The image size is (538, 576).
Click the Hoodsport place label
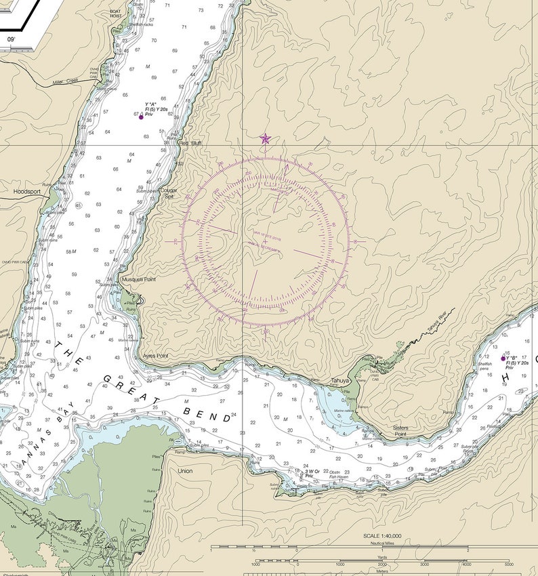pyautogui.click(x=27, y=192)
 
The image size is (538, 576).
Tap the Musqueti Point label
pyautogui.click(x=138, y=279)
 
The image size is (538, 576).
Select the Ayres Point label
pyautogui.click(x=155, y=355)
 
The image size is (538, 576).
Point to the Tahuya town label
pyautogui.click(x=339, y=380)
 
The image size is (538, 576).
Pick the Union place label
pyautogui.click(x=185, y=470)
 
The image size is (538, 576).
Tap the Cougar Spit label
pyautogui.click(x=169, y=192)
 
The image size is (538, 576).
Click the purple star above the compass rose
pyautogui.click(x=265, y=139)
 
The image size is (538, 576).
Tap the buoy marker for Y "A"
pyautogui.click(x=141, y=117)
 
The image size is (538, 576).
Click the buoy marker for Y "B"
pyautogui.click(x=503, y=358)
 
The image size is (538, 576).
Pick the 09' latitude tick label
pyautogui.click(x=11, y=40)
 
